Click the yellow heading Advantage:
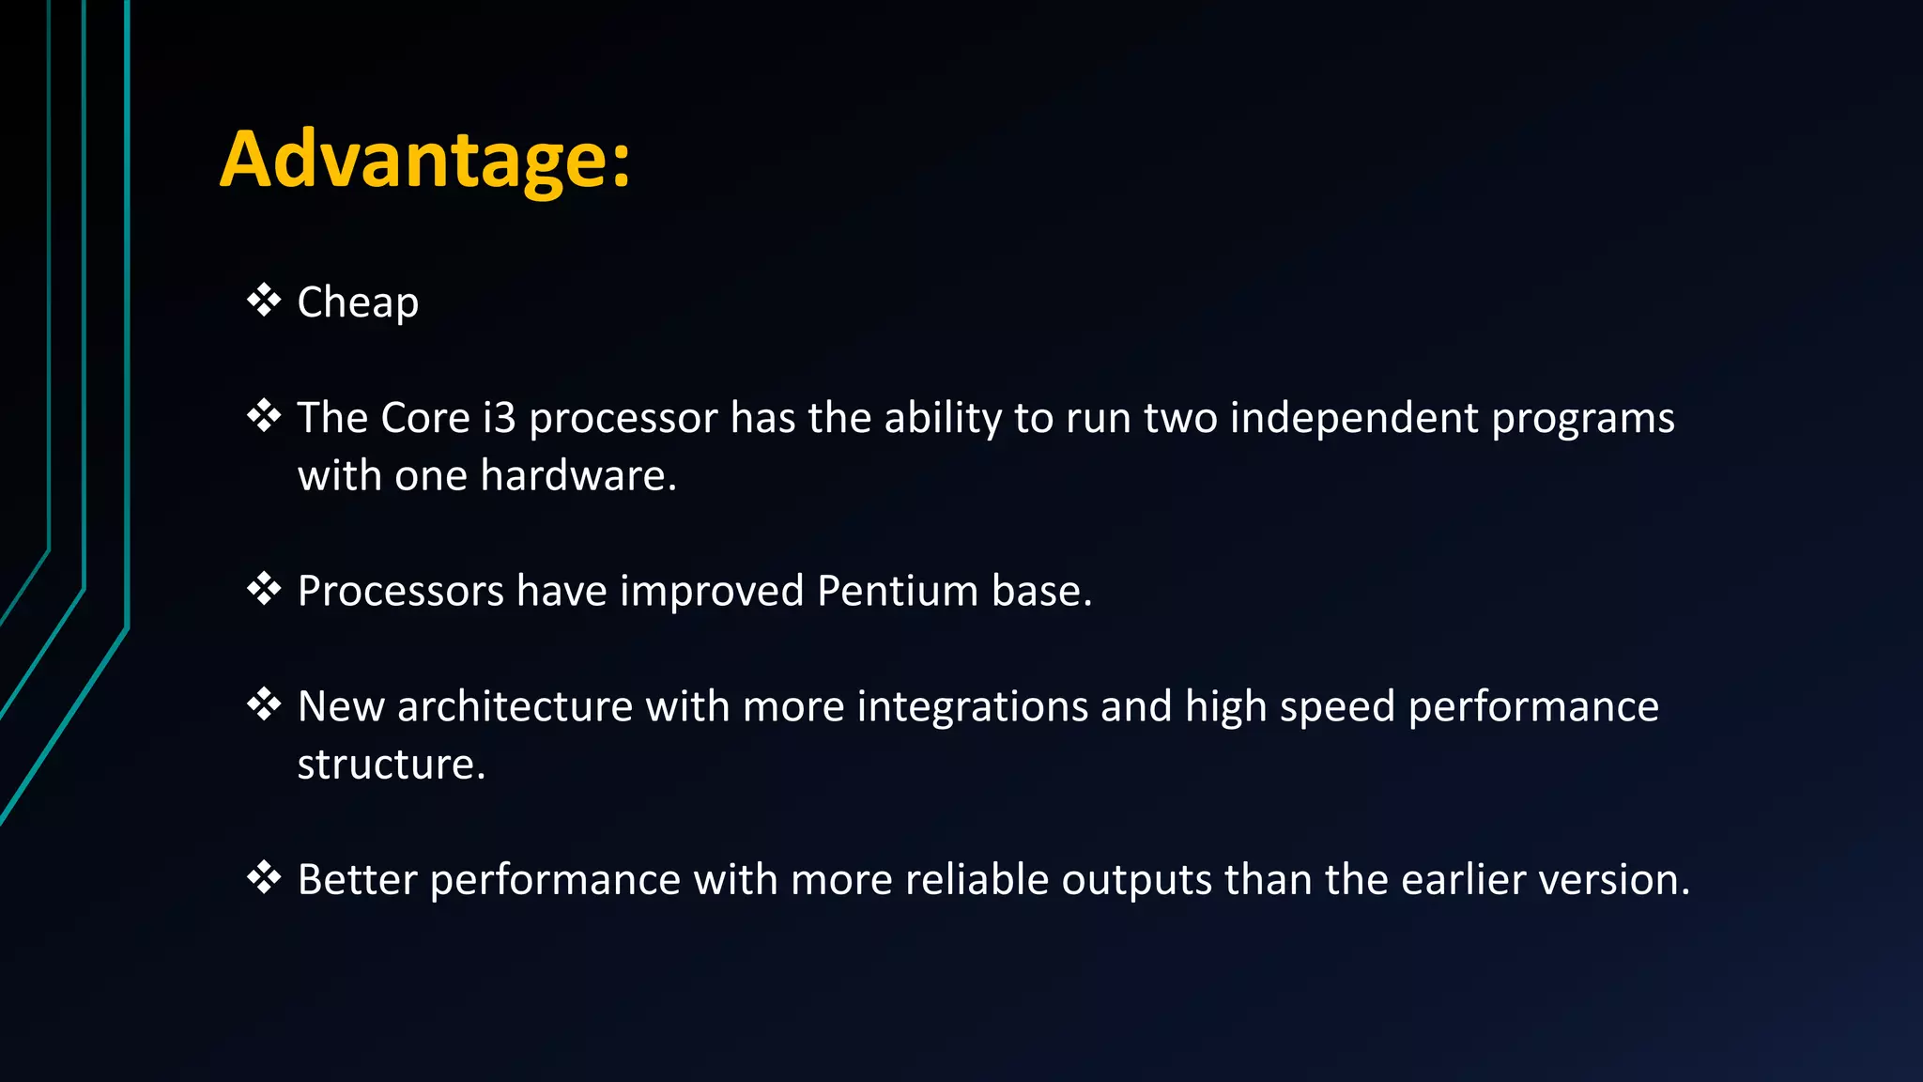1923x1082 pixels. click(425, 160)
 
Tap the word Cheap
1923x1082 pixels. click(358, 303)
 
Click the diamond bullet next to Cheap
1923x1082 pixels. click(264, 301)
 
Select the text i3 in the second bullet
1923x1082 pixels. click(499, 418)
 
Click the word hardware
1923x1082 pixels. click(579, 476)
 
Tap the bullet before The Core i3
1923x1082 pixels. click(264, 416)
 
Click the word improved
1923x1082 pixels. click(711, 592)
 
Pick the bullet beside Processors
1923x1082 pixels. click(264, 589)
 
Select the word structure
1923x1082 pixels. click(391, 765)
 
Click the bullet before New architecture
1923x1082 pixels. click(264, 704)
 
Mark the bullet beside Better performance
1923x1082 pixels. click(264, 877)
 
